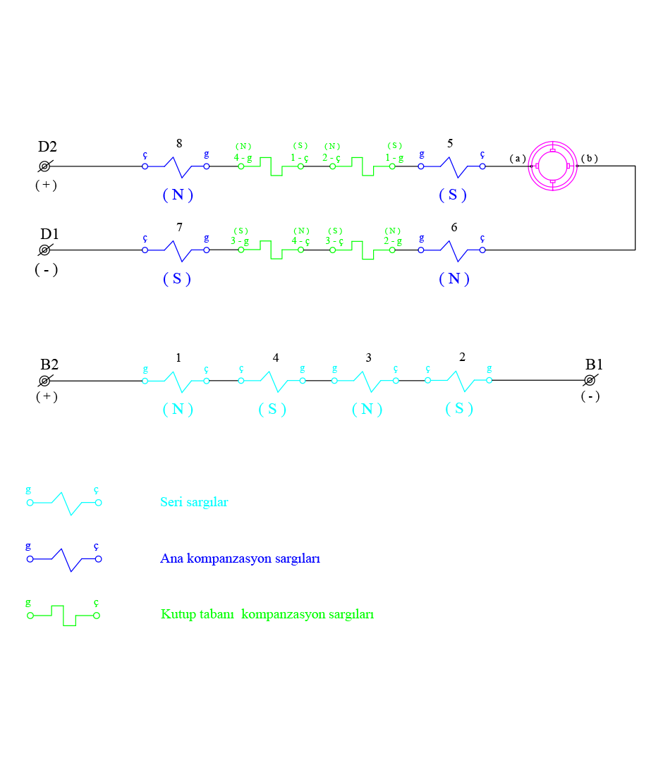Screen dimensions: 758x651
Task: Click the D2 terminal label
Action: tap(47, 147)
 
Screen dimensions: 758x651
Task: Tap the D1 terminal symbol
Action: tap(44, 250)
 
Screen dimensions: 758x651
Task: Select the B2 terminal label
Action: tap(49, 365)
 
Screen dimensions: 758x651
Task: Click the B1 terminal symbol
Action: tap(591, 381)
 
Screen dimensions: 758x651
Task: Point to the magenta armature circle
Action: tap(553, 166)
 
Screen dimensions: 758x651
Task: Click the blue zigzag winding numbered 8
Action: tap(176, 167)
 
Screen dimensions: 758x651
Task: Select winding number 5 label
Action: tap(450, 144)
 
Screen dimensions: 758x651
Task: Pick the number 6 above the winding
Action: tap(453, 227)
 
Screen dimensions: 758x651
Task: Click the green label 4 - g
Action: tap(243, 158)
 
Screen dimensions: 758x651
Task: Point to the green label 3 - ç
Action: tap(334, 241)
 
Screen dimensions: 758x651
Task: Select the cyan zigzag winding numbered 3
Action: tap(365, 381)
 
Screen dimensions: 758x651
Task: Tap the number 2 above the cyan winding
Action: tap(462, 357)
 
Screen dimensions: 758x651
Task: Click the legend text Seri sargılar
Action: tap(194, 503)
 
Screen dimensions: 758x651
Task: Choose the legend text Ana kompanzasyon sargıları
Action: tap(241, 558)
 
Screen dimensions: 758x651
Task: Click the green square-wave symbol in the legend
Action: tap(63, 615)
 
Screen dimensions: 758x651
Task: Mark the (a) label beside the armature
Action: tap(518, 159)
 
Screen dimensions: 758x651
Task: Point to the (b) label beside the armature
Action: tap(590, 158)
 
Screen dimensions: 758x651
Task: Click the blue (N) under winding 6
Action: tap(454, 279)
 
